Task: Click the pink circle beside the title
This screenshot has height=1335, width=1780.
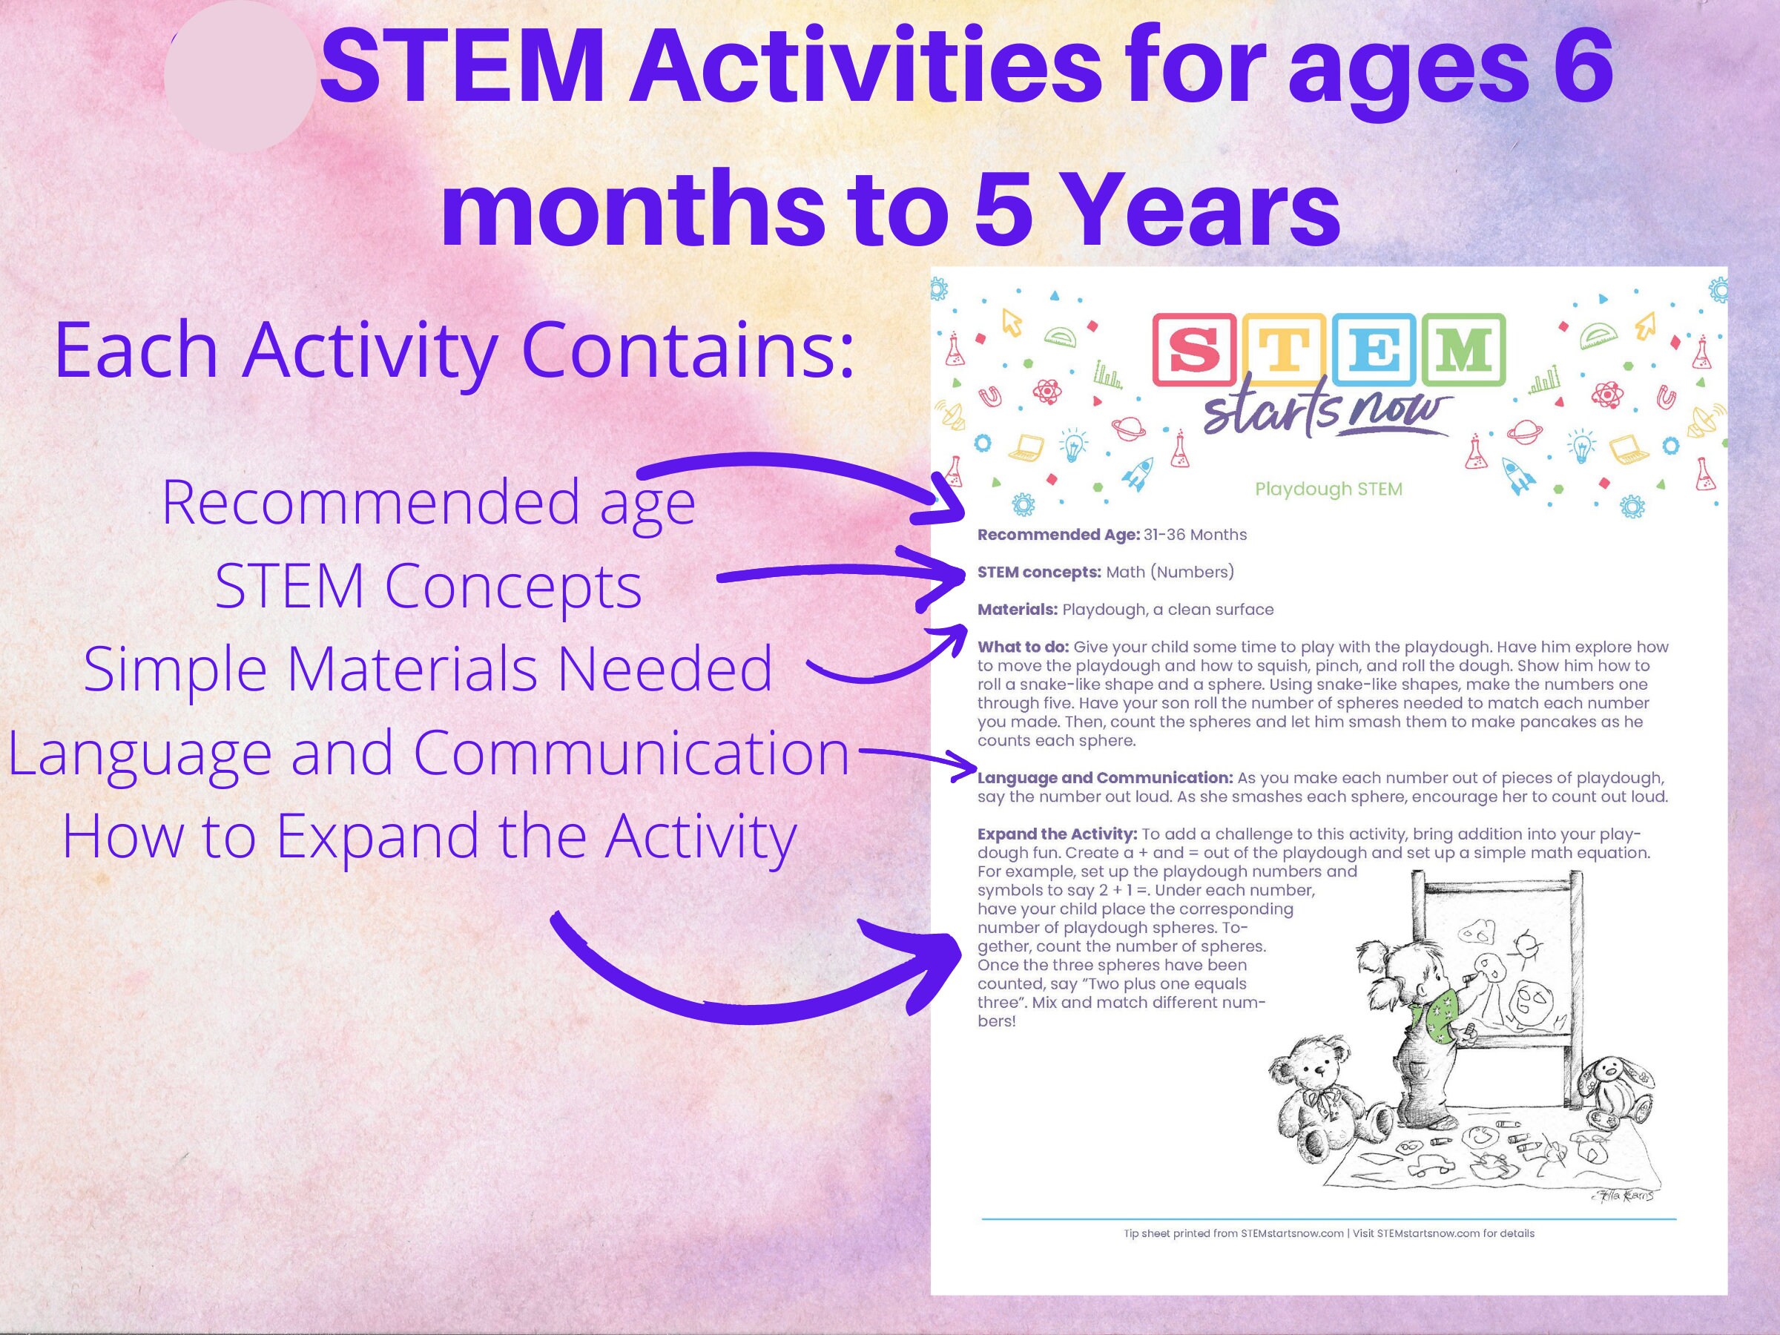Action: point(239,77)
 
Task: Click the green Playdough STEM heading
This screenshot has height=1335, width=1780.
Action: point(1328,489)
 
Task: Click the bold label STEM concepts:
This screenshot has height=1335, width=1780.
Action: point(1039,572)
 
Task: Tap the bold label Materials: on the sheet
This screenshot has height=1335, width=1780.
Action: point(1017,610)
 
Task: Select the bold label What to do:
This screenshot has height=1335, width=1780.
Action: point(1023,647)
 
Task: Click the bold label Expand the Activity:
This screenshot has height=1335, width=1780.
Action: point(1057,834)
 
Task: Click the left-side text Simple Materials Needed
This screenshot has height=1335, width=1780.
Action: point(428,669)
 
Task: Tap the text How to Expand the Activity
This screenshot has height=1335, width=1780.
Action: point(429,837)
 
